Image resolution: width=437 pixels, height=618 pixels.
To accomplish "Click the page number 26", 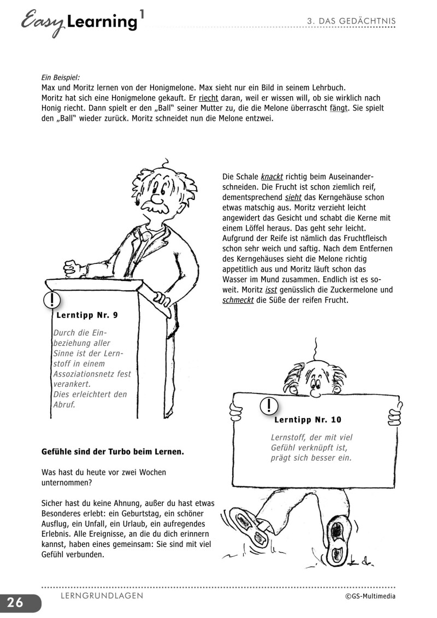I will [x=15, y=603].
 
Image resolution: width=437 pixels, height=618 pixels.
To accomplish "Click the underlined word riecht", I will [x=209, y=98].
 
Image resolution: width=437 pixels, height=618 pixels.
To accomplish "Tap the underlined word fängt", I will [x=338, y=109].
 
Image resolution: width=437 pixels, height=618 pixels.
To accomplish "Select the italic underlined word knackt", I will [x=272, y=177].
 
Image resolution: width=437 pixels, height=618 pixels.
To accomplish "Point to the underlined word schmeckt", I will [x=238, y=301].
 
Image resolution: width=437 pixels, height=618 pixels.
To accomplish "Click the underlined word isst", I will [x=271, y=290].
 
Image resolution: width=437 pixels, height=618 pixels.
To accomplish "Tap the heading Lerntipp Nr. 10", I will [x=308, y=420].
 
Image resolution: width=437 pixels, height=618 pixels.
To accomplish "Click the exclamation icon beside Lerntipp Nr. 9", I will [x=51, y=300].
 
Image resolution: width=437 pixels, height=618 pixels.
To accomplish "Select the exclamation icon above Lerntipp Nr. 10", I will [x=269, y=405].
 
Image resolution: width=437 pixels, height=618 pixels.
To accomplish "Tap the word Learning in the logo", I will [x=101, y=22].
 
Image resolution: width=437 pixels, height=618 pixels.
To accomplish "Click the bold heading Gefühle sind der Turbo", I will [x=113, y=452].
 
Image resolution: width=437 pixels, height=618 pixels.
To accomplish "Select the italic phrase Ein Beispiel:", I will [x=61, y=78].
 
